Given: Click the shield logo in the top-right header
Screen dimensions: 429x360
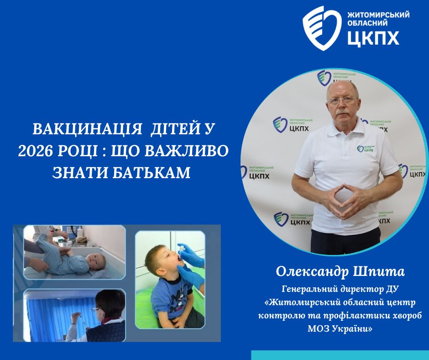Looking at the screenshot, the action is (x=322, y=28).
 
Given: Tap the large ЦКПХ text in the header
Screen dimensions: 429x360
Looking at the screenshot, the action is (x=373, y=37).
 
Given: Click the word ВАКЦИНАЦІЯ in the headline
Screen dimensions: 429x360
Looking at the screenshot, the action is (x=87, y=129).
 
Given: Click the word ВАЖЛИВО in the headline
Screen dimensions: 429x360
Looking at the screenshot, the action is (x=187, y=150).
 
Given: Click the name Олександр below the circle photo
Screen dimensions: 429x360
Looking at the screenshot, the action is (x=312, y=272).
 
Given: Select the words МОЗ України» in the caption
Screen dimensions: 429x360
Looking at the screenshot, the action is (x=340, y=328).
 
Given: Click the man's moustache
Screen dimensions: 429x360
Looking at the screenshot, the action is (x=343, y=113).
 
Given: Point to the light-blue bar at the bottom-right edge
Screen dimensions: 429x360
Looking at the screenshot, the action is (x=340, y=355).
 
